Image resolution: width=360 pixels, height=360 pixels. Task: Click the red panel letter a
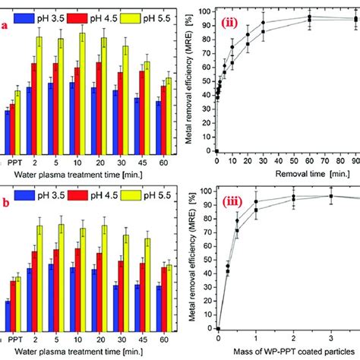5,25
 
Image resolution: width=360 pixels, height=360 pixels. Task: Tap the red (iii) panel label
234,202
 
